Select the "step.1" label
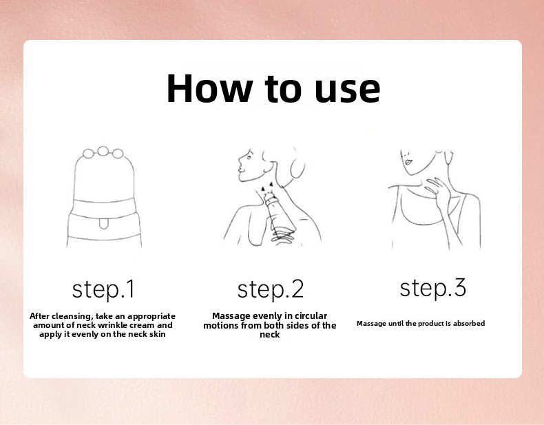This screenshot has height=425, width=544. click(103, 290)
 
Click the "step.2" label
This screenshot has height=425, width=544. click(270, 290)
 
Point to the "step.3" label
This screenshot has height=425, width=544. click(432, 288)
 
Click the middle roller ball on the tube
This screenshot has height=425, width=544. click(103, 152)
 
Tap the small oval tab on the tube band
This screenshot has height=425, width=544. click(103, 224)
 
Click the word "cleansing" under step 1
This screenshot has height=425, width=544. click(73, 316)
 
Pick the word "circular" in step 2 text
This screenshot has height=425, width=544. click(311, 316)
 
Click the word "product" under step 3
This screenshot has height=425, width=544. click(430, 324)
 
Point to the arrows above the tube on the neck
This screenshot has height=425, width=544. click(266, 187)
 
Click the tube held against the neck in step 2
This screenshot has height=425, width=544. click(280, 214)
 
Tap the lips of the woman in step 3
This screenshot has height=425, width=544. click(408, 162)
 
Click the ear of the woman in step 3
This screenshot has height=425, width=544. click(448, 158)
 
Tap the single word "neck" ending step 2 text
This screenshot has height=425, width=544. click(269, 335)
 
